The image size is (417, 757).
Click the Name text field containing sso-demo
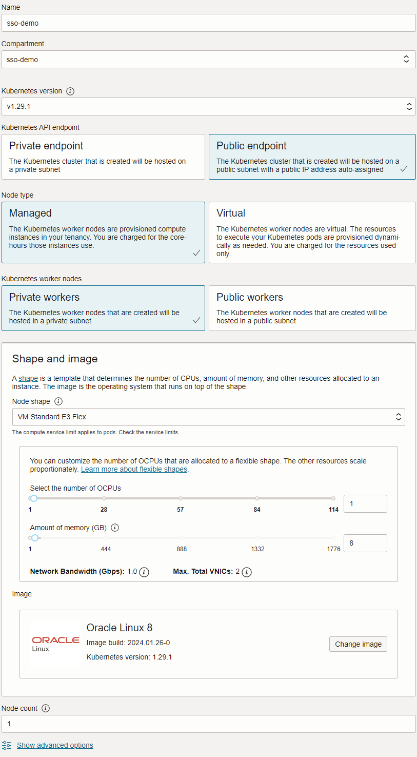coord(208,23)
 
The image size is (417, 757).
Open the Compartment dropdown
coord(208,60)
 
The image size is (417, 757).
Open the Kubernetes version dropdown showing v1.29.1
coord(208,107)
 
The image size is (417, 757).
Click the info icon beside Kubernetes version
coord(71,91)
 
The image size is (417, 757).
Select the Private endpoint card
coord(103,157)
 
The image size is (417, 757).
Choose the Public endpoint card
coord(312,157)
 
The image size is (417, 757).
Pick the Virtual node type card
coord(312,232)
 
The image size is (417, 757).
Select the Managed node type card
coord(103,232)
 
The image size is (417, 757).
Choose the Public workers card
coord(312,308)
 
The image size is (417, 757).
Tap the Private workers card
coord(103,308)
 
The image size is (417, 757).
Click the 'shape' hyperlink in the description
coord(28,379)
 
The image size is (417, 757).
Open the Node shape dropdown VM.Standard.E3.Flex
coord(208,417)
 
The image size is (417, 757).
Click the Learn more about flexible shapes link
coord(134,470)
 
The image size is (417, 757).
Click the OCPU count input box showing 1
coord(365,504)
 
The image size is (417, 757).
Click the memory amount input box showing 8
coord(365,543)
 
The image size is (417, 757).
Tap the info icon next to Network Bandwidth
coord(145,572)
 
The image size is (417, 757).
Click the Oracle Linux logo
coord(55,644)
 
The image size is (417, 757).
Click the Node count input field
coord(208,724)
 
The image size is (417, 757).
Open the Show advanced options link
coord(55,745)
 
